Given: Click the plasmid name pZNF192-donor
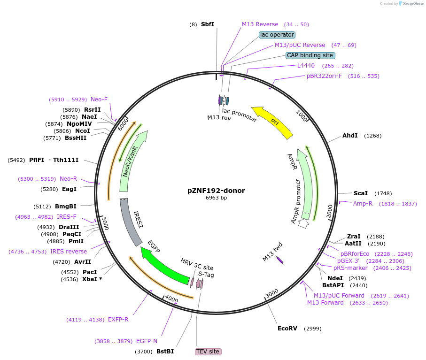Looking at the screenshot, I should tap(216, 191).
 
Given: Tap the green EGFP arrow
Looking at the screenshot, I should tap(165, 268).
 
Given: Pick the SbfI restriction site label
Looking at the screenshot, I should tap(207, 24).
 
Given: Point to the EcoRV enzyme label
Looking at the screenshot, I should tap(287, 328).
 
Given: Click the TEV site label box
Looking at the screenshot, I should tap(208, 352).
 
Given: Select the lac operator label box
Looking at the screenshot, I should tap(277, 35).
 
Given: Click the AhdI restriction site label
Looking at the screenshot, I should tap(350, 136).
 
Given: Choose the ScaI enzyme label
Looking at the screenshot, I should tap(360, 193).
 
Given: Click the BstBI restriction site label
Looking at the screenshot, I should tap(165, 352).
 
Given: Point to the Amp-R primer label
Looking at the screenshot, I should tap(363, 203).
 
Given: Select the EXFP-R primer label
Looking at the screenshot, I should tap(118, 320).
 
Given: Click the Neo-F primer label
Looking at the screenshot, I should tap(99, 100).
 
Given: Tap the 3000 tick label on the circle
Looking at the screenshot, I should tap(272, 294).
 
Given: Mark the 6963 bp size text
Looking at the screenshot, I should tap(216, 198).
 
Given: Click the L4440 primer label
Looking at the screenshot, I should tap(306, 66).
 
